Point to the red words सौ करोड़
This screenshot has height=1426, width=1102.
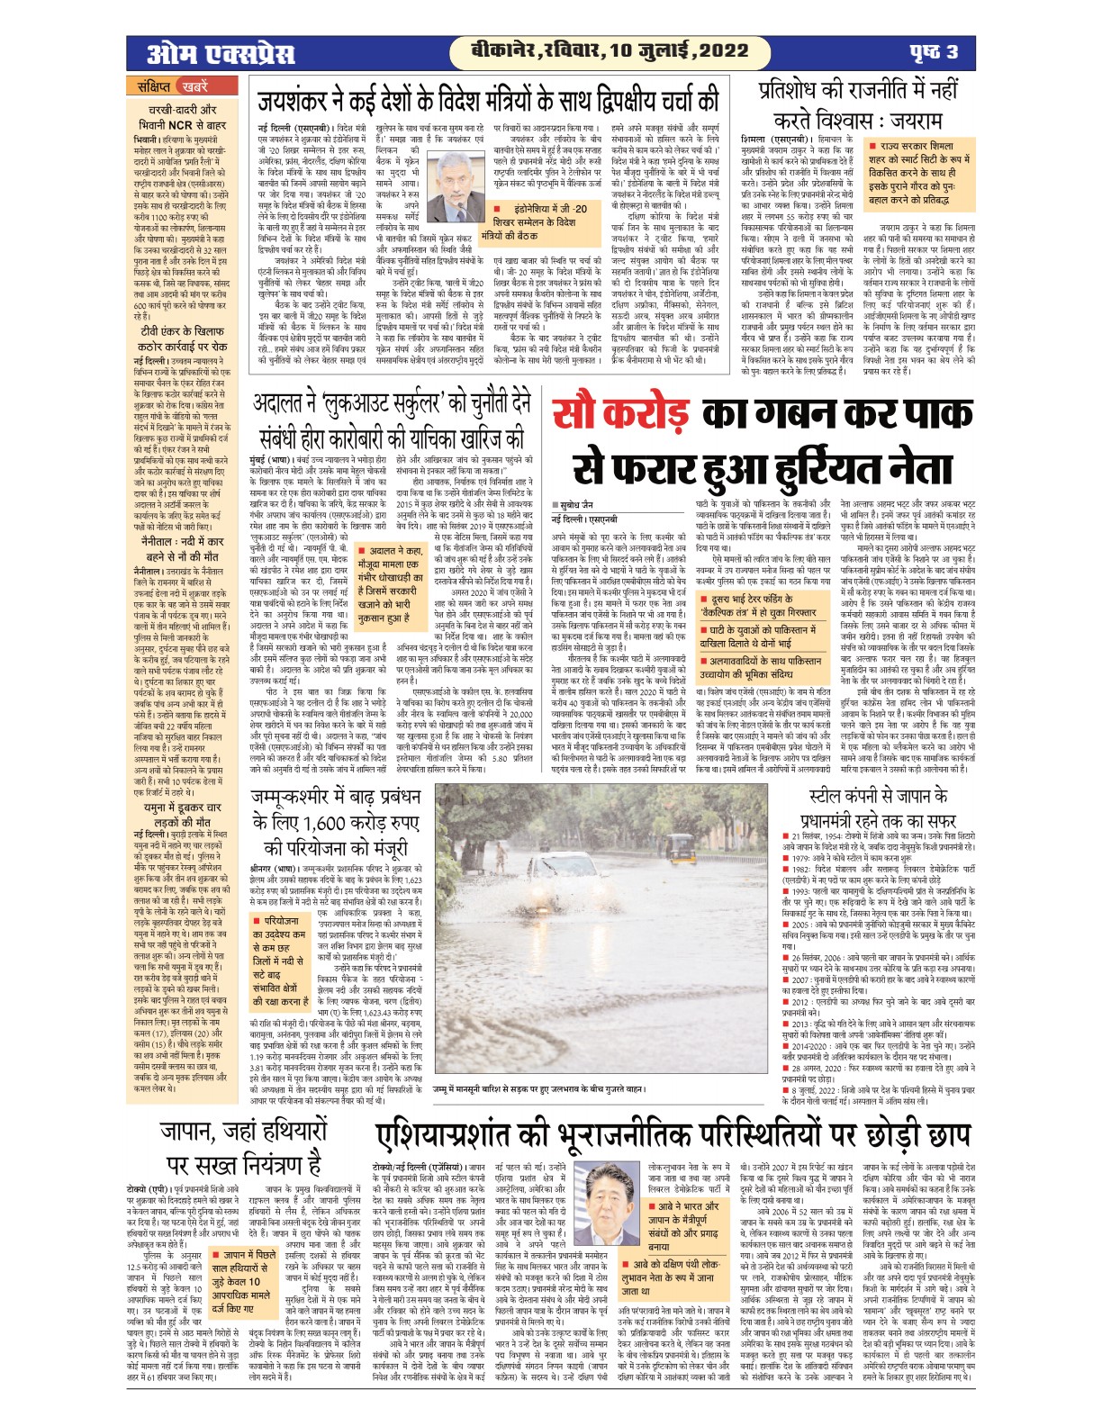[623, 413]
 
